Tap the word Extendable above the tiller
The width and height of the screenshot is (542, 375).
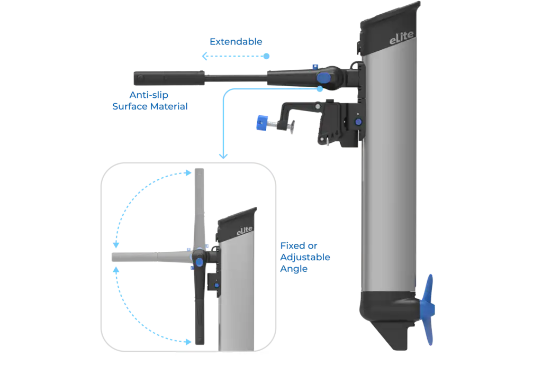(236, 41)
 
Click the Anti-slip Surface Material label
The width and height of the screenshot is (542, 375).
(150, 100)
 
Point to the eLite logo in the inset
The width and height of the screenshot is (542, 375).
(243, 229)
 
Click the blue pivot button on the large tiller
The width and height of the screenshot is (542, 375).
(323, 78)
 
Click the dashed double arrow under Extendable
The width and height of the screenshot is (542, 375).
(236, 56)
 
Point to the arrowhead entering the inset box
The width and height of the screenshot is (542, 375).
(224, 156)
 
